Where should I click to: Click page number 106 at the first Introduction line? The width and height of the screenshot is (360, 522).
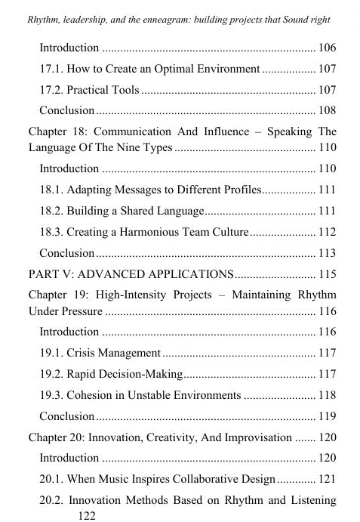(x=327, y=48)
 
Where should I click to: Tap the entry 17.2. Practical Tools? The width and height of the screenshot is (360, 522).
(x=89, y=91)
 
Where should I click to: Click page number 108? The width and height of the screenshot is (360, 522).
(x=327, y=111)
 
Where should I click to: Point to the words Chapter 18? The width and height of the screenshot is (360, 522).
(x=57, y=132)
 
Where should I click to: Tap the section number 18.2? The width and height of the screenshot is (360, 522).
(x=52, y=210)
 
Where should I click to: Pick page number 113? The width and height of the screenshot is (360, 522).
(x=327, y=253)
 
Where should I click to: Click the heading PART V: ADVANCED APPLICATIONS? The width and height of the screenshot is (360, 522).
(x=131, y=273)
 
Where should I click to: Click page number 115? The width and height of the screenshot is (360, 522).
(x=327, y=273)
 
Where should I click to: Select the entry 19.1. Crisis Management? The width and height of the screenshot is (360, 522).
(x=100, y=353)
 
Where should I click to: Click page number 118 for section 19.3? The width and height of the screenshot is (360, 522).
(x=327, y=395)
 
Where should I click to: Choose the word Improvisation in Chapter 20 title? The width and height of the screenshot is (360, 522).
(x=257, y=437)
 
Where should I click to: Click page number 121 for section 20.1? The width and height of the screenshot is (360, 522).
(x=327, y=479)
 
